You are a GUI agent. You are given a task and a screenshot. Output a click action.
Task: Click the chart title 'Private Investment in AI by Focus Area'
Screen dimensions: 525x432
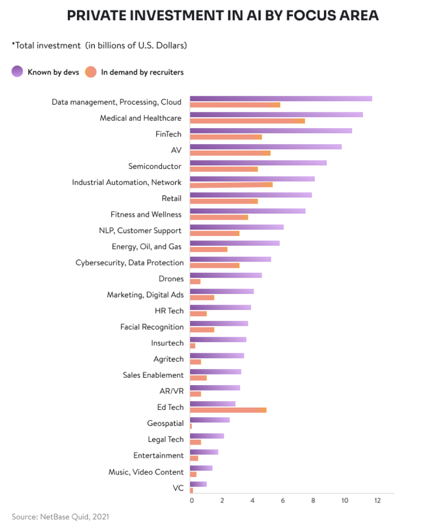coord(222,16)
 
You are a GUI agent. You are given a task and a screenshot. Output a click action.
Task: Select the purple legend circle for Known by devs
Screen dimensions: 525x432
coord(17,72)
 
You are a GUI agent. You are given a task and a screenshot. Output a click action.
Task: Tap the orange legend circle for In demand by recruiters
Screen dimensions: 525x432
coord(91,72)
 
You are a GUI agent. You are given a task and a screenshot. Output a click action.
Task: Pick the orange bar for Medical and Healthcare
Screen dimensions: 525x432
coord(247,121)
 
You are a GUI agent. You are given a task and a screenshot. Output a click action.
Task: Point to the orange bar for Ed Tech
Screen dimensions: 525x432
coord(228,410)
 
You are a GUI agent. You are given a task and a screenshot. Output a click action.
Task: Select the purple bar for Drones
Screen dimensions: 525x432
coord(226,275)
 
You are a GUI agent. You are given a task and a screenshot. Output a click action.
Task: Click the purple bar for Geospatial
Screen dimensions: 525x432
coord(210,420)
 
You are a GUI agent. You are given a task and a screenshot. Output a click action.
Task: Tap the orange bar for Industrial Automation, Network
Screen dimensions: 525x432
coord(231,185)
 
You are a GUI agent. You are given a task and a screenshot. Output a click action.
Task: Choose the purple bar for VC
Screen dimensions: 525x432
coord(198,484)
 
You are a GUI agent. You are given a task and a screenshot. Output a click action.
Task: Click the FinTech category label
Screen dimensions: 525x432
coord(168,134)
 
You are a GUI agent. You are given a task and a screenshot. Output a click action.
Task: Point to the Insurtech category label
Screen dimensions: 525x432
coord(167,343)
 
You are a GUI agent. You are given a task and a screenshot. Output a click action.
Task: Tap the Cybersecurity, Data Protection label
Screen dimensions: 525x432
coord(130,262)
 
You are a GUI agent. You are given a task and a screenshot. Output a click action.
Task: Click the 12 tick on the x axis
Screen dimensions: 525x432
coord(377,500)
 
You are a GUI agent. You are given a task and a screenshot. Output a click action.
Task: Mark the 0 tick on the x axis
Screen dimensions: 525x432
coord(191,500)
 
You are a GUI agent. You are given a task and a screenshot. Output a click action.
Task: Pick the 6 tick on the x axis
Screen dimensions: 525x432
coord(283,500)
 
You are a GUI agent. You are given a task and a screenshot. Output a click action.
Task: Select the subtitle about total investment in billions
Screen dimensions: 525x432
coord(99,46)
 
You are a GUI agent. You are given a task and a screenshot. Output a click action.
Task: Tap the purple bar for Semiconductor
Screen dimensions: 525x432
coord(258,163)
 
